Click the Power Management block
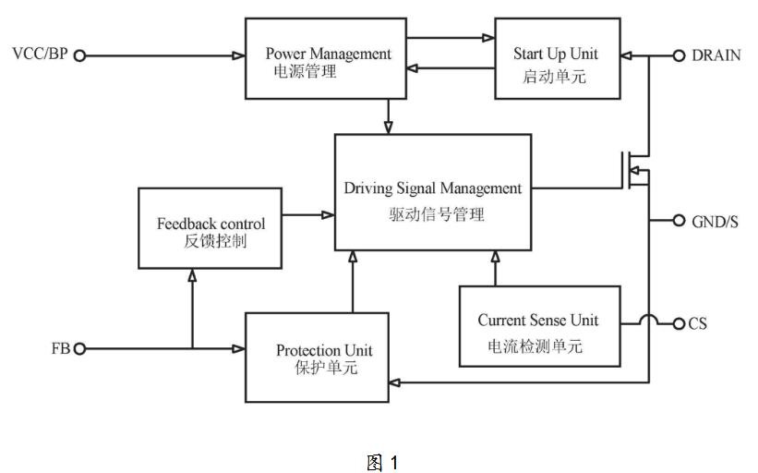[326, 58]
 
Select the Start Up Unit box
[558, 58]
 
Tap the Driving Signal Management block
[433, 192]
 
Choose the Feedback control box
[211, 228]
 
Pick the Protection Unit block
[317, 358]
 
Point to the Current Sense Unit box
[539, 326]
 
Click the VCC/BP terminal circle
[79, 56]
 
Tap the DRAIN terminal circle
[680, 56]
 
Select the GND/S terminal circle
[680, 221]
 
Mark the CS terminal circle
[680, 323]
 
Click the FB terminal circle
[79, 348]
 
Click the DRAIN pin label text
[716, 55]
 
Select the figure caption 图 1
[382, 462]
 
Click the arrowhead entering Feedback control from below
[192, 275]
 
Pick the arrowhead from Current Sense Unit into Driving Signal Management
[495, 257]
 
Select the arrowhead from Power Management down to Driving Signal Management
[388, 127]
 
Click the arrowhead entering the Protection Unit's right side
[395, 383]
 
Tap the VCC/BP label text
[40, 54]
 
